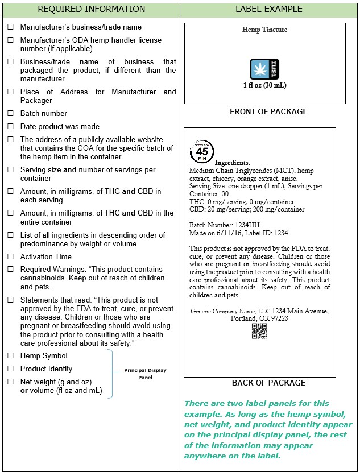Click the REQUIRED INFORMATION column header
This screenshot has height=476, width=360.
[91, 9]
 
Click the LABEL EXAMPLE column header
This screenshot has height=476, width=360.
[268, 9]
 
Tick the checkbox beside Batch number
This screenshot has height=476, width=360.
[10, 114]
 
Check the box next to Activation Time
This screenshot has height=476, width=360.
[10, 256]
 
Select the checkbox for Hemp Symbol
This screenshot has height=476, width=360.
[10, 355]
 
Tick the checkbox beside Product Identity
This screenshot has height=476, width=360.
[10, 369]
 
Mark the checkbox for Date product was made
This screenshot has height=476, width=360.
[10, 127]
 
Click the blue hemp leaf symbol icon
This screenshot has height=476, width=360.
[265, 69]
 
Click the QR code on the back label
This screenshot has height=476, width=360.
[259, 331]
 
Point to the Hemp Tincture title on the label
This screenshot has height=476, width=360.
[264, 30]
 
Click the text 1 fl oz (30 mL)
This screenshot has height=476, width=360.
[264, 86]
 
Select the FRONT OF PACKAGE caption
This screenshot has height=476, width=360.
[268, 112]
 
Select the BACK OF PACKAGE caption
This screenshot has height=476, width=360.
[268, 383]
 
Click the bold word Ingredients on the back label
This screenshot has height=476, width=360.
[229, 163]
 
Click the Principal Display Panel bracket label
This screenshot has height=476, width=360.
[145, 374]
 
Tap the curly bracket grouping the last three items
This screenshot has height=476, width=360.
[111, 374]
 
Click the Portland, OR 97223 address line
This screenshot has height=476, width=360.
[259, 318]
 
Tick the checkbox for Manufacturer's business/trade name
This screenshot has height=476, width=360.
[10, 27]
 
